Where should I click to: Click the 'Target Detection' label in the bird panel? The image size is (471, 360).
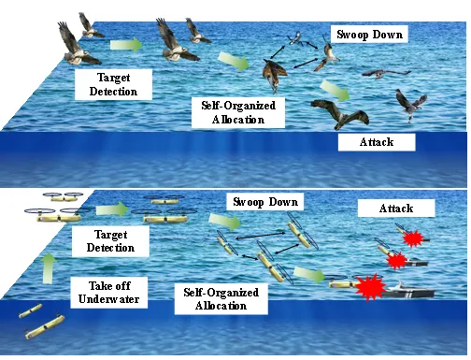(x=113, y=84)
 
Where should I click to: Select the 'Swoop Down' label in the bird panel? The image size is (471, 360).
(x=369, y=35)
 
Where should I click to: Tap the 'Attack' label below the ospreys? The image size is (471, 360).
(x=377, y=142)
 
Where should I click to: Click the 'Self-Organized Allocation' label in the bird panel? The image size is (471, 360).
(x=238, y=112)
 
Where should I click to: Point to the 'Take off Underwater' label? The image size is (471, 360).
(x=109, y=293)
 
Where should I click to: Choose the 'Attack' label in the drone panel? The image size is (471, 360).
(x=396, y=209)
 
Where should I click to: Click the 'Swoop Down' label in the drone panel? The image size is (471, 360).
(x=265, y=202)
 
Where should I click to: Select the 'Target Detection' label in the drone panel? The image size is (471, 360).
(x=110, y=241)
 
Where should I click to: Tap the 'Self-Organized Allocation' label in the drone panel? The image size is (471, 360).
(x=221, y=299)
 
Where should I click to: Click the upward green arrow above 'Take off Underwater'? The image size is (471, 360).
(x=48, y=268)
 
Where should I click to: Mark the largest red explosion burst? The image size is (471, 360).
(x=370, y=287)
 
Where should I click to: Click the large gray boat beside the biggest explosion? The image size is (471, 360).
(x=408, y=291)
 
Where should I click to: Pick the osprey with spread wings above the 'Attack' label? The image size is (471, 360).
(x=340, y=114)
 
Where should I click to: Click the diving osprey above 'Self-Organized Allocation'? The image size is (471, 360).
(x=275, y=75)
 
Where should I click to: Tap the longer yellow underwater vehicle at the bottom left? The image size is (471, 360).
(x=45, y=327)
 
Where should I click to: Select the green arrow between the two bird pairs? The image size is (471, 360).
(x=126, y=45)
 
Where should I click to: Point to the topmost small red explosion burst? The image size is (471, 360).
(x=413, y=238)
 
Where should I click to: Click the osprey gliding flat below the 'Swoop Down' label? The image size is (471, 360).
(x=386, y=74)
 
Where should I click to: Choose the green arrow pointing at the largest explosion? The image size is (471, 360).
(x=309, y=274)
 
